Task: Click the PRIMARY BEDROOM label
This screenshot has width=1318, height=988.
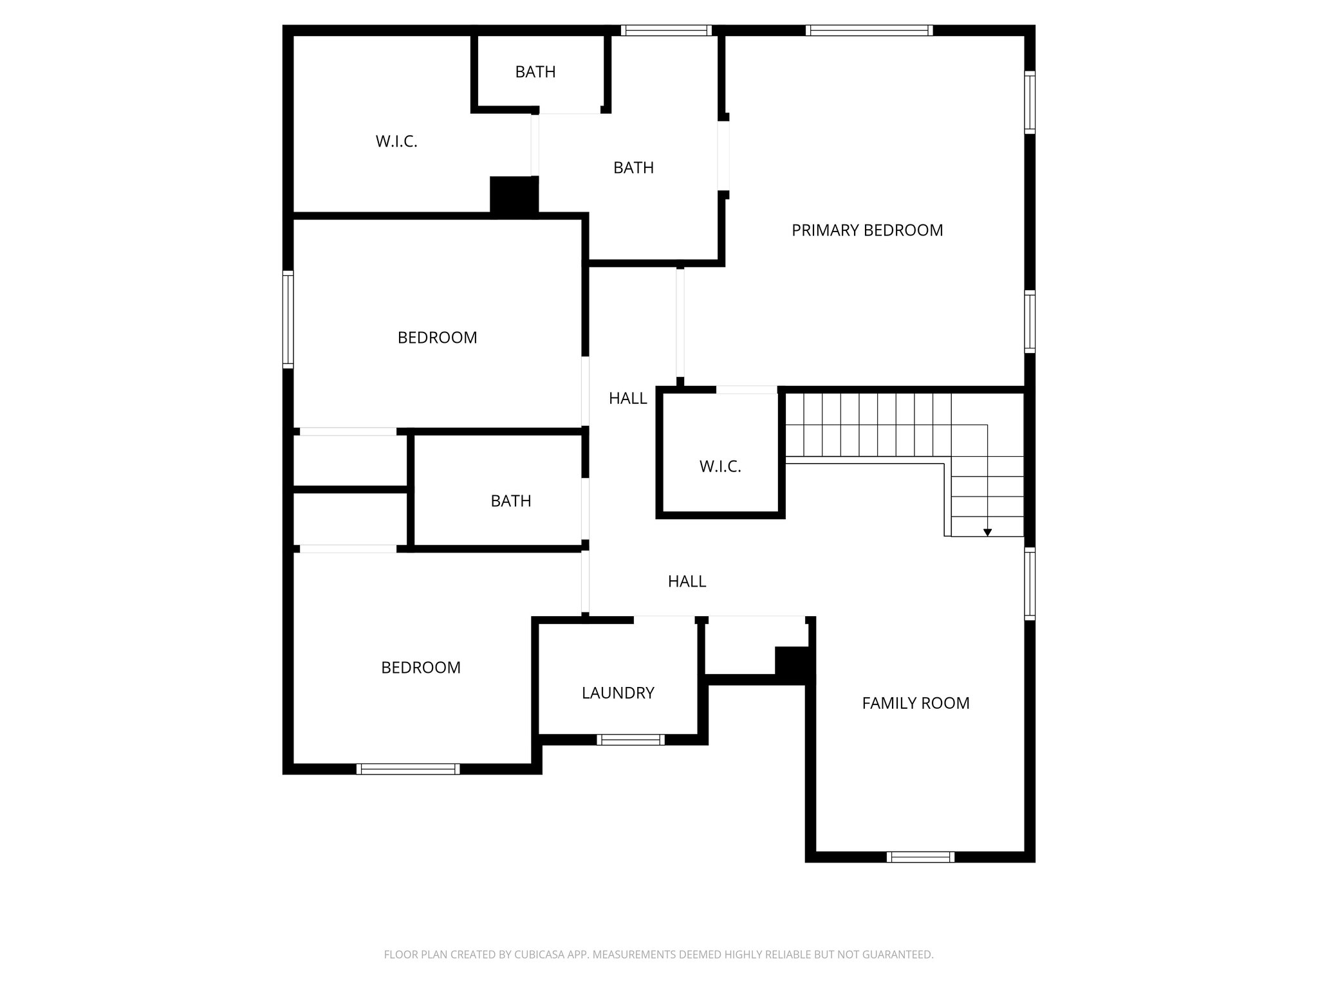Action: coord(867,230)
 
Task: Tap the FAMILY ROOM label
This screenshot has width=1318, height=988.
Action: coord(915,703)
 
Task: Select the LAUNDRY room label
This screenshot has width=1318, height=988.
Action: coord(618,693)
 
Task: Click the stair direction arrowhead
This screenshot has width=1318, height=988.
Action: coord(987,533)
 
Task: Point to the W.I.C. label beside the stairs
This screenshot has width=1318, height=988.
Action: coord(720,466)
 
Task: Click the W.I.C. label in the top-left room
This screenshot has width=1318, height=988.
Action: coord(396,142)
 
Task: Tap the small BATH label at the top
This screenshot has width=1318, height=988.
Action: coord(535,72)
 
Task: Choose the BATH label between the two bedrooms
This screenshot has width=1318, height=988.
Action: coord(511,501)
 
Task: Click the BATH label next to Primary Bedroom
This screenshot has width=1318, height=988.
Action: coord(633,168)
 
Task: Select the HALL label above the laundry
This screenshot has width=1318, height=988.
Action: coord(687,581)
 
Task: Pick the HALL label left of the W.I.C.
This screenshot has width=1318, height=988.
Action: coord(627,399)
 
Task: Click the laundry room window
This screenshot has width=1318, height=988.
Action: coord(631,740)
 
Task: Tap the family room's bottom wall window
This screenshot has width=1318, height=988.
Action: coord(920,857)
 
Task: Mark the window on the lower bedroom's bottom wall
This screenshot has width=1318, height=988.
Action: coord(408,769)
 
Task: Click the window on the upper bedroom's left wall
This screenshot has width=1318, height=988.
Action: coord(288,320)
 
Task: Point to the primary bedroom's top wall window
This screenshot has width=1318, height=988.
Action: coord(869,30)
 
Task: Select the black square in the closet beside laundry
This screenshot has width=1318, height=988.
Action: coord(792,661)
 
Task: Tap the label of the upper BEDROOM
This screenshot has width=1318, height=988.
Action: coord(437,338)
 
